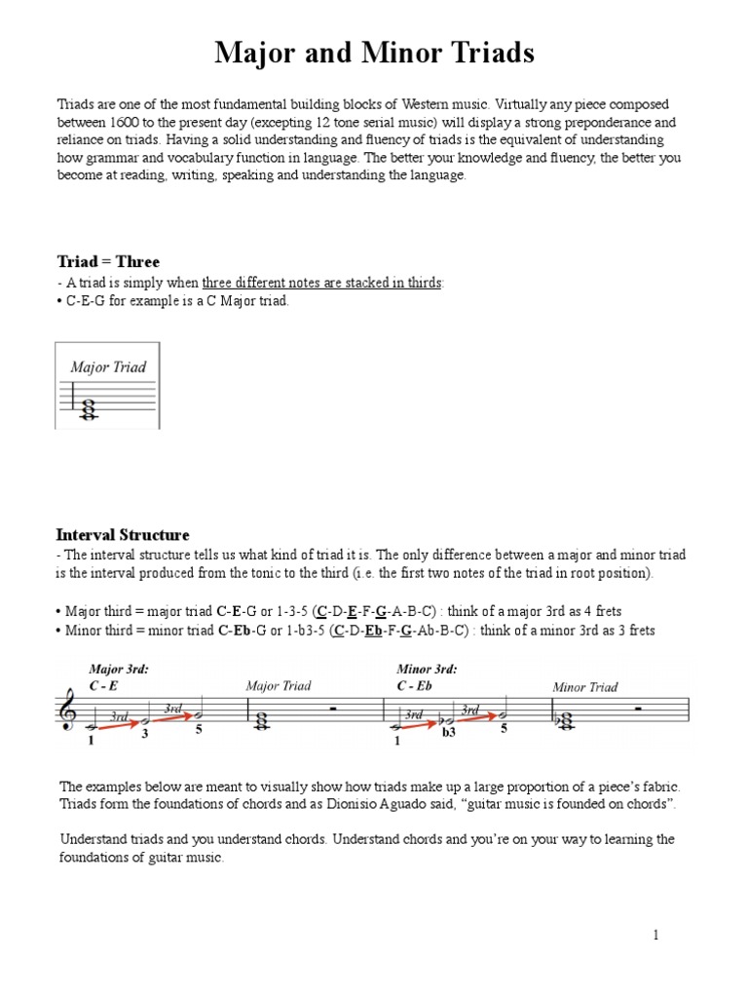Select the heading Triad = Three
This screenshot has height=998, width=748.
tap(108, 261)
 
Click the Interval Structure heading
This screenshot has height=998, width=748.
tap(123, 535)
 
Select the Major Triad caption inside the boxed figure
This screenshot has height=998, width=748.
tap(108, 367)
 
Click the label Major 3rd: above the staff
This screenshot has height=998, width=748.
tap(118, 670)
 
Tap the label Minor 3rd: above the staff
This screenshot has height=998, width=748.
tap(427, 670)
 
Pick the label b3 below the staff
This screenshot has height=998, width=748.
tap(449, 733)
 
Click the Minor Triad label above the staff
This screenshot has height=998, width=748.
tap(584, 687)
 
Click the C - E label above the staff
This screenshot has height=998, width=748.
tap(103, 686)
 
